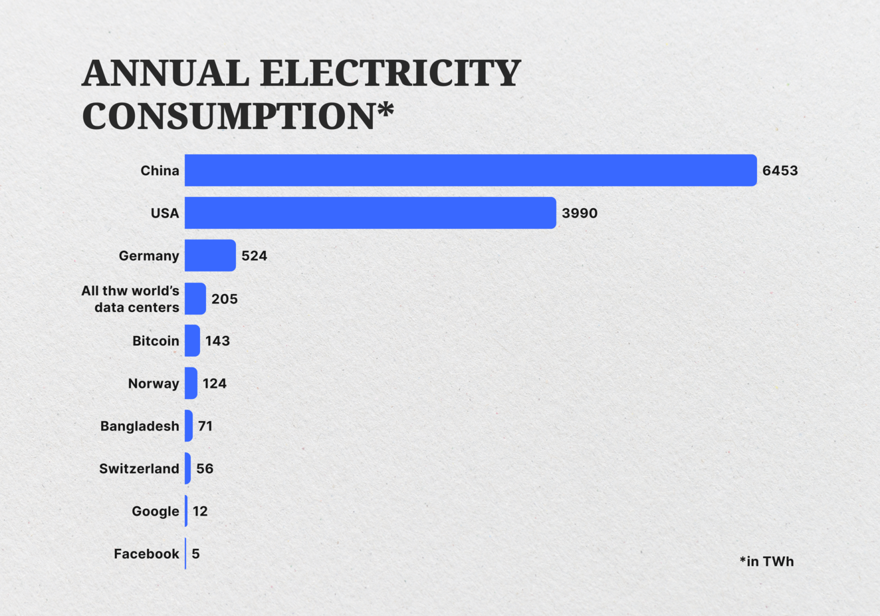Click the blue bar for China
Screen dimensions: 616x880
(471, 170)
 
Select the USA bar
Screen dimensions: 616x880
(370, 213)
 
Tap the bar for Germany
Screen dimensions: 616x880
(210, 255)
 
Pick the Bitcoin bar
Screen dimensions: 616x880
(192, 341)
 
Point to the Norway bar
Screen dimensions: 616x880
(191, 383)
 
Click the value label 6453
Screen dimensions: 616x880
(780, 171)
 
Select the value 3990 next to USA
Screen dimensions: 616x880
(580, 214)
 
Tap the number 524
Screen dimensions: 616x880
(254, 256)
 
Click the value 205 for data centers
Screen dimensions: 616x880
(225, 299)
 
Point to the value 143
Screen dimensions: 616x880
(217, 341)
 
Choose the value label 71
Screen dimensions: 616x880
(205, 426)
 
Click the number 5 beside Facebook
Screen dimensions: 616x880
(195, 554)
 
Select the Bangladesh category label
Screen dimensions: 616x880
(140, 426)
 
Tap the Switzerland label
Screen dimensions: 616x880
(139, 469)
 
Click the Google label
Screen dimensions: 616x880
(156, 512)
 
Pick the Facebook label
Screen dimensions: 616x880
(146, 554)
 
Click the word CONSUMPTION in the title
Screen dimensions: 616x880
(229, 116)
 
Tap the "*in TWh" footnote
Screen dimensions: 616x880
(766, 561)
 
